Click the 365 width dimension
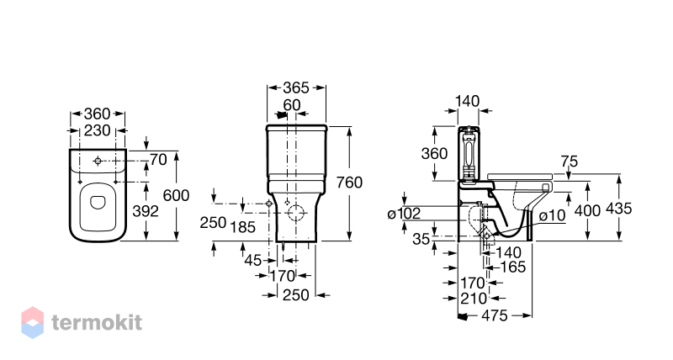pyautogui.click(x=296, y=88)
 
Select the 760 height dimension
pyautogui.click(x=349, y=183)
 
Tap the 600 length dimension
pyautogui.click(x=176, y=196)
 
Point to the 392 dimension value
pyautogui.click(x=146, y=211)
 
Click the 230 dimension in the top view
pyautogui.click(x=98, y=130)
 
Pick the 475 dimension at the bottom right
pyautogui.click(x=495, y=315)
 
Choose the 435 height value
pyautogui.click(x=618, y=209)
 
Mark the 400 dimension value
pyautogui.click(x=587, y=210)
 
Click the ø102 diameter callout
pyautogui.click(x=404, y=214)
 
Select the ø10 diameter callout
pyautogui.click(x=553, y=215)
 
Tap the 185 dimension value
pyautogui.click(x=243, y=227)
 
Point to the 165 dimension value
pyautogui.click(x=513, y=267)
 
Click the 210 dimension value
pyautogui.click(x=474, y=299)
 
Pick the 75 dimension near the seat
pyautogui.click(x=570, y=161)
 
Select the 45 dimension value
pyautogui.click(x=253, y=260)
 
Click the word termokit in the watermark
pyautogui.click(x=97, y=323)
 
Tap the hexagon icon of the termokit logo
pyautogui.click(x=33, y=323)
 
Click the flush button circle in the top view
pyautogui.click(x=98, y=161)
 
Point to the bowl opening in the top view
pyautogui.click(x=98, y=203)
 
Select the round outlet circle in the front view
pyautogui.click(x=296, y=213)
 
